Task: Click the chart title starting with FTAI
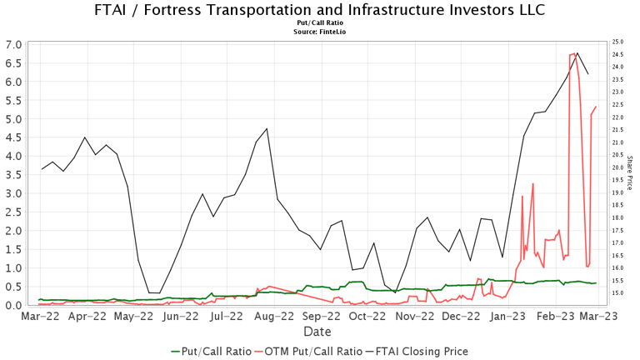coord(320,11)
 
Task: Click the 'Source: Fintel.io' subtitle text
coord(320,32)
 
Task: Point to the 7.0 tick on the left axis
coord(13,44)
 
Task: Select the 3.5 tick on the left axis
coord(13,175)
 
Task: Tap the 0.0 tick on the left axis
coord(13,306)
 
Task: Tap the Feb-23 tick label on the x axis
coord(551,317)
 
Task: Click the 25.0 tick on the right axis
coord(618,42)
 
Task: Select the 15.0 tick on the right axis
coord(618,293)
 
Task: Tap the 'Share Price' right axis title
coord(630,172)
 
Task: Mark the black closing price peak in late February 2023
coord(577,53)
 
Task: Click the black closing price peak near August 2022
coord(267,129)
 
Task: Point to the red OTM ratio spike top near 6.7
coord(573,54)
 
